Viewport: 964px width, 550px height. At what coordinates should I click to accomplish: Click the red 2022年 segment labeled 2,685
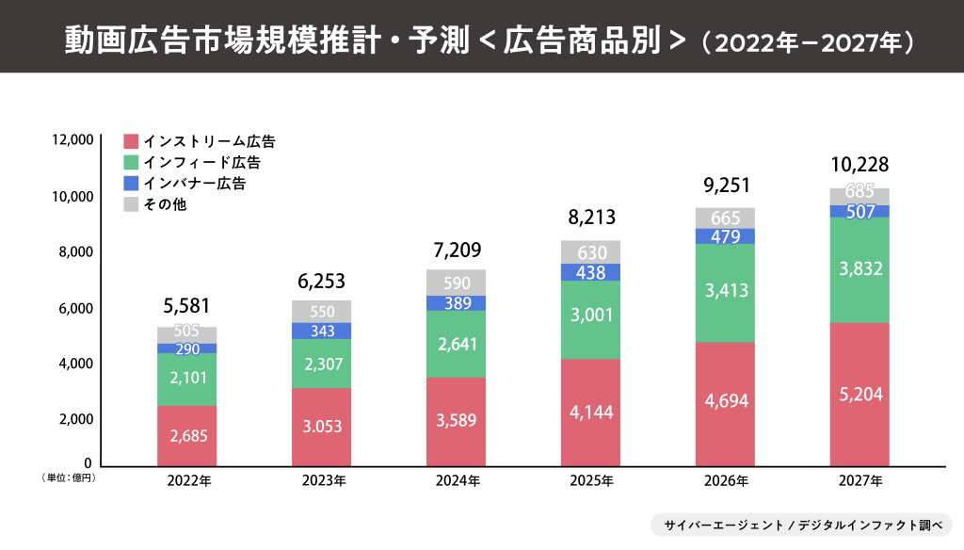(186, 436)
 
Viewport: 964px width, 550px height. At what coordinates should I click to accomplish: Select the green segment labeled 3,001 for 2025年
(590, 319)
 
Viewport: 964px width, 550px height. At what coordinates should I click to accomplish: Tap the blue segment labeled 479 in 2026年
(725, 236)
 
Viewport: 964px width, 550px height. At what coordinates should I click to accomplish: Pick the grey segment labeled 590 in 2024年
(456, 283)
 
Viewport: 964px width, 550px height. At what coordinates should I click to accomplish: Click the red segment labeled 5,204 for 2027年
(860, 395)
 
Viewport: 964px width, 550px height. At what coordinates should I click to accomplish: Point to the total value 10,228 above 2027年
(860, 166)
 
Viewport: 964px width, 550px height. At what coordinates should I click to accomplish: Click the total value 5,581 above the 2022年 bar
(186, 305)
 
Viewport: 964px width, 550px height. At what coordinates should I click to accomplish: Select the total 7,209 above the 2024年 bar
(456, 251)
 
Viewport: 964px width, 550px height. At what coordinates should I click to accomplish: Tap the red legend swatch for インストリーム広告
(132, 142)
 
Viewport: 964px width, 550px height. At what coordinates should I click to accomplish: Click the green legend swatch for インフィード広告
(132, 163)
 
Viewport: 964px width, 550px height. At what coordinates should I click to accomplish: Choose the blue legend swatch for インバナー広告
(132, 184)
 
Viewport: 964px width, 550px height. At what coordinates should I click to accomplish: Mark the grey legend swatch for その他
(132, 204)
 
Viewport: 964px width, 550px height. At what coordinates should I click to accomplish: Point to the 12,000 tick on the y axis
(73, 140)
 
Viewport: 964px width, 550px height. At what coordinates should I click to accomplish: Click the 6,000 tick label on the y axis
(75, 308)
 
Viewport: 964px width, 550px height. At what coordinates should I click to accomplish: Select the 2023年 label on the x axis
(323, 481)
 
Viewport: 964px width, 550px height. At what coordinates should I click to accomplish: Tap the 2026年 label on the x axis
(726, 481)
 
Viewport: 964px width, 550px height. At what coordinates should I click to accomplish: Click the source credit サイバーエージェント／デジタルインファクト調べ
(801, 525)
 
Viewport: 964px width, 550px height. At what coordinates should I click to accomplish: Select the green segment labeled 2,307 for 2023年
(321, 364)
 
